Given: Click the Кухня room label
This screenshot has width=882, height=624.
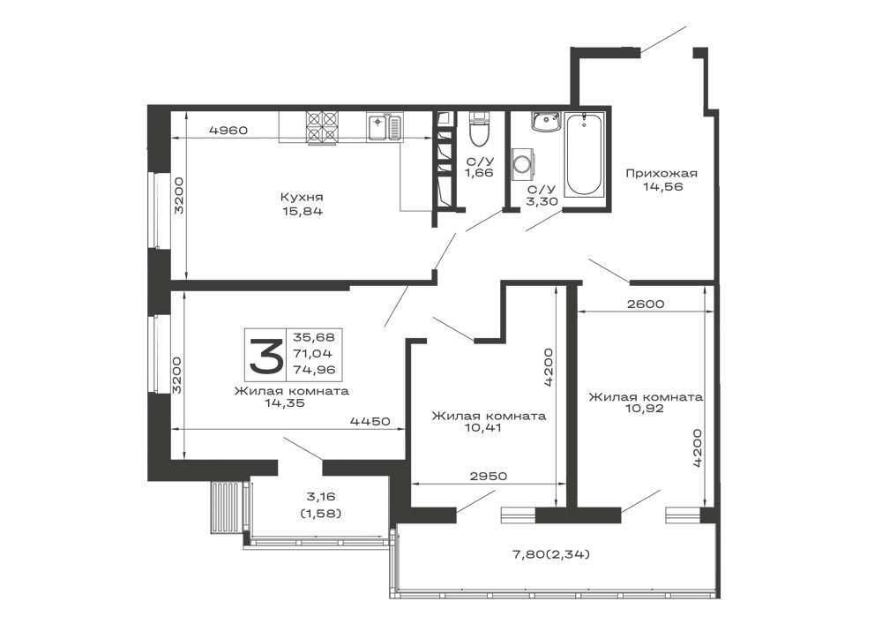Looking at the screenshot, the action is point(302,198).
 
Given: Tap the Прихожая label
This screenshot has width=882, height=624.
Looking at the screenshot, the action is point(661,173).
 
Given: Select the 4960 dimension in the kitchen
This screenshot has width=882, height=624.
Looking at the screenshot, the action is point(228,130).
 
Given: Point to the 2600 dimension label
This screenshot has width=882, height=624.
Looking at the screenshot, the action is point(646,304).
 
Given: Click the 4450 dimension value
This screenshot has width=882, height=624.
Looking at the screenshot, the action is point(370,421).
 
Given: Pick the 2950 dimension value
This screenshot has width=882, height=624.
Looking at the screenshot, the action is point(488,476).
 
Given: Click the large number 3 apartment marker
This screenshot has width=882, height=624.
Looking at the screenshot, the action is point(265,355).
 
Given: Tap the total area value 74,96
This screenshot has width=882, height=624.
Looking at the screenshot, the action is point(313,370).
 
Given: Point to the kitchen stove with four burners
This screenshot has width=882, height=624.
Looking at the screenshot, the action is point(322,128).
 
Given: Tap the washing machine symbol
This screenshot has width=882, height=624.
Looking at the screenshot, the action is point(521,164).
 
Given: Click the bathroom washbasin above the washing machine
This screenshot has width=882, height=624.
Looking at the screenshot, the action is point(546,121).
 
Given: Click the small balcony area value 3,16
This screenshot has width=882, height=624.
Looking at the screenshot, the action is point(321,496).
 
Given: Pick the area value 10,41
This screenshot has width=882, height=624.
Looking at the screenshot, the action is point(483,428).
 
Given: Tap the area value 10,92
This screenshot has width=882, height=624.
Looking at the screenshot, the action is point(644,408).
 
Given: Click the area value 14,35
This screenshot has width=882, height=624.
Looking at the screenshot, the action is point(285,402).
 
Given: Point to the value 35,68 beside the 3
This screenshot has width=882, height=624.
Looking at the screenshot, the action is point(313,338).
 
